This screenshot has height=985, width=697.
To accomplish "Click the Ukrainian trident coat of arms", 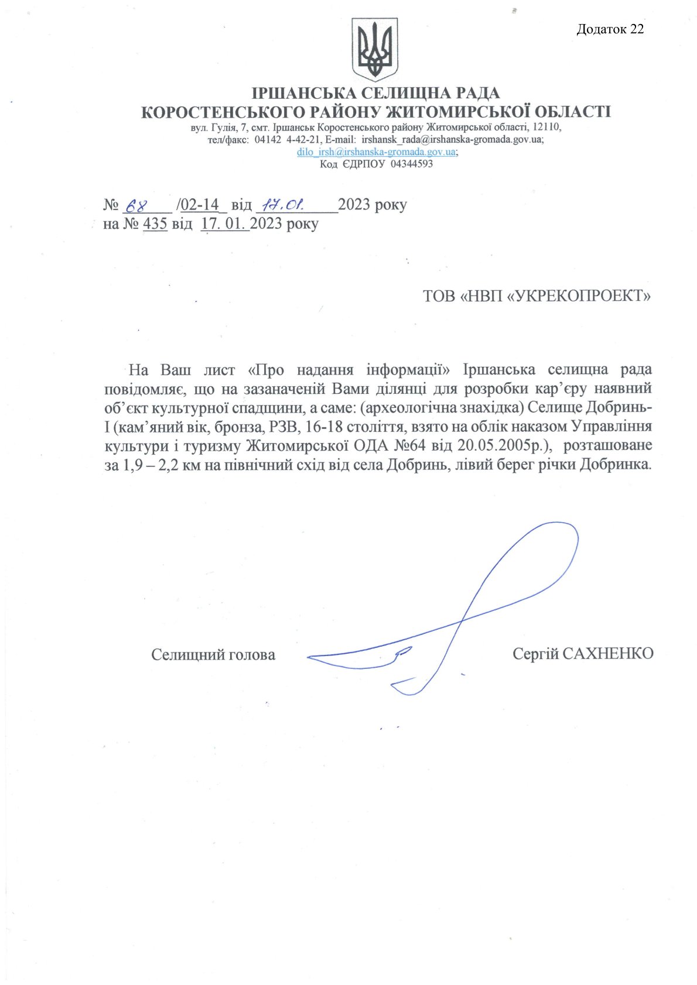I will [375, 49].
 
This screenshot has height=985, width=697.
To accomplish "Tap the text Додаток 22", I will [610, 29].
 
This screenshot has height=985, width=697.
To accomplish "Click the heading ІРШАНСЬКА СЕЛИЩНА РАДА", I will [375, 93].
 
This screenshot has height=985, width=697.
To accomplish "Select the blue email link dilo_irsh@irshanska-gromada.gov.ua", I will [376, 152].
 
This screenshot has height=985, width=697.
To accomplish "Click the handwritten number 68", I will [135, 205].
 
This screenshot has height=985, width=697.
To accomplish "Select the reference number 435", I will [155, 224].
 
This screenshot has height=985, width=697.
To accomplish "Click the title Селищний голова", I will [213, 654].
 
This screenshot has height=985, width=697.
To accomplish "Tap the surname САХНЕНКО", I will [607, 653].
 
